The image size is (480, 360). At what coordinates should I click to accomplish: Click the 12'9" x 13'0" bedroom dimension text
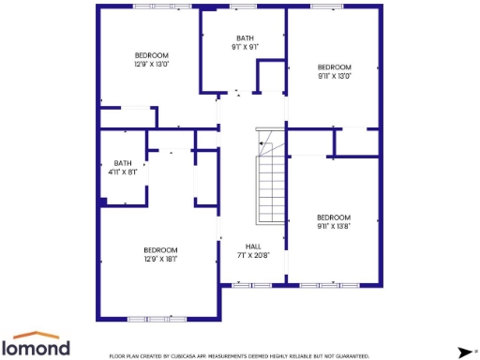tap(151, 65)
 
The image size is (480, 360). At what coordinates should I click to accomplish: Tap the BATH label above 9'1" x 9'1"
tap(245, 37)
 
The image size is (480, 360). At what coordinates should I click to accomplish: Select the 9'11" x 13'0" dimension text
tap(334, 76)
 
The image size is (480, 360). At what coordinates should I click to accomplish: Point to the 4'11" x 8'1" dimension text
tap(123, 172)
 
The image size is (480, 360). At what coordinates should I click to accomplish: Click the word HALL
tap(253, 246)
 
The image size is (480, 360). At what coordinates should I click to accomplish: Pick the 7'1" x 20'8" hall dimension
tap(253, 255)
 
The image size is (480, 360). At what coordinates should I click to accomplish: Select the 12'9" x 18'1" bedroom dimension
tap(160, 259)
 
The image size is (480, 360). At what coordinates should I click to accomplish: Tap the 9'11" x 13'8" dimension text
tap(334, 226)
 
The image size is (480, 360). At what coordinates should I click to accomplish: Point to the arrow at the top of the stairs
tap(266, 140)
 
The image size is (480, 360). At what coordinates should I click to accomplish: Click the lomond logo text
tap(41, 348)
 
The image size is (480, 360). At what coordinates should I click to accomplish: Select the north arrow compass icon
tap(463, 352)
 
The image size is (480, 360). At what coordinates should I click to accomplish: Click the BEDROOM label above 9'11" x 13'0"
tap(334, 67)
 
